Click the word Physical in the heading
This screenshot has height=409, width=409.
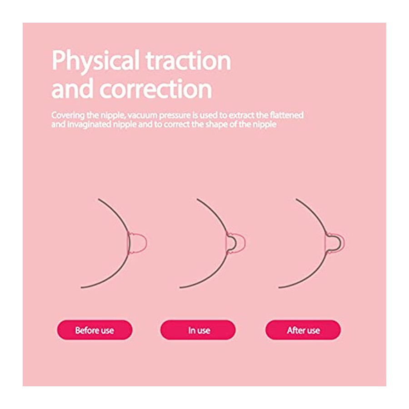coord(95,61)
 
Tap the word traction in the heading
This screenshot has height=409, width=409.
coord(188,60)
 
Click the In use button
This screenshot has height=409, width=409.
coord(198,330)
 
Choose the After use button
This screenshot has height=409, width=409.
coord(303,330)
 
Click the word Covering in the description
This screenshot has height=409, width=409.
coord(68,115)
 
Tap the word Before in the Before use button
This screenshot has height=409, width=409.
coord(85,330)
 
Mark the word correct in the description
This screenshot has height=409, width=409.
coord(177,125)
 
